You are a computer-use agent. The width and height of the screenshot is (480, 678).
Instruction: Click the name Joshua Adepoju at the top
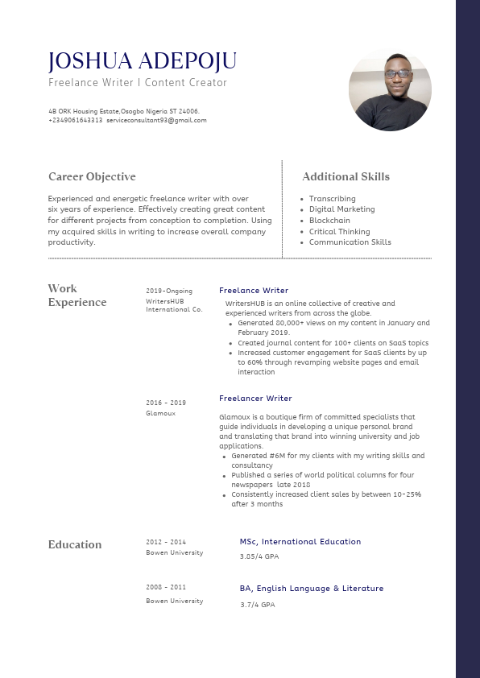click(143, 62)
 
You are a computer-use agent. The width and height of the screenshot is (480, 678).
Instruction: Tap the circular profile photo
click(390, 89)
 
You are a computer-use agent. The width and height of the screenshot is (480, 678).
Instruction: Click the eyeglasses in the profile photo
click(396, 74)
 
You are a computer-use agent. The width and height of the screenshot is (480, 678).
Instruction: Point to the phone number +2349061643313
click(76, 121)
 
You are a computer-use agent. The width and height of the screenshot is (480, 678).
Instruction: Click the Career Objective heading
click(92, 177)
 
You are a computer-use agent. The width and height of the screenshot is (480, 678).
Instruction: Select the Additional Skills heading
click(346, 177)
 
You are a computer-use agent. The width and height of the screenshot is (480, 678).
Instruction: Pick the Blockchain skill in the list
click(329, 221)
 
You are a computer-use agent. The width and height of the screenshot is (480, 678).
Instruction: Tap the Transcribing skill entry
click(332, 199)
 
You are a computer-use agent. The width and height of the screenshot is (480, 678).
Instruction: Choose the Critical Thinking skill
click(339, 232)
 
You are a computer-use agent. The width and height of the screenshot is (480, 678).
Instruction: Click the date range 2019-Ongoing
click(169, 291)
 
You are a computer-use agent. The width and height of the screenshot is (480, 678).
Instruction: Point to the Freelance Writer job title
click(254, 291)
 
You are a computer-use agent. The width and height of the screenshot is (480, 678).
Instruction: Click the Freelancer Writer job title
click(255, 399)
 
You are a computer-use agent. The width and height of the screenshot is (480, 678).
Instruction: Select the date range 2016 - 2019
click(166, 403)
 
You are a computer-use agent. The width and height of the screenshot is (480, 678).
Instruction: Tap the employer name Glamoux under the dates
click(160, 414)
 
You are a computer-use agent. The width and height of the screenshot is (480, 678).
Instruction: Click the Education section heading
click(75, 545)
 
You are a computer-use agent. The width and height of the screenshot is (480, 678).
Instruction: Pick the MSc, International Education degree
click(300, 542)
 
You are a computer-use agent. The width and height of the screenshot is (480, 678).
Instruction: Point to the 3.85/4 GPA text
click(259, 556)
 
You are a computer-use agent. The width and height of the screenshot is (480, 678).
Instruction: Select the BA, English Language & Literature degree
click(312, 589)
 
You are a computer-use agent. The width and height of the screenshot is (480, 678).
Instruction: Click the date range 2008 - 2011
click(166, 588)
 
